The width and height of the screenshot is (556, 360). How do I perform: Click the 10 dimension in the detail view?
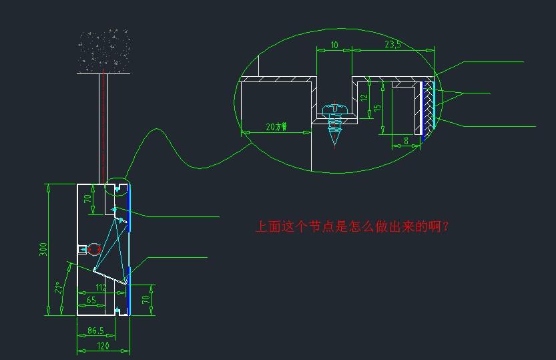(x=334, y=45)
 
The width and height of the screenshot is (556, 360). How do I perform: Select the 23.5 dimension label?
(x=393, y=45)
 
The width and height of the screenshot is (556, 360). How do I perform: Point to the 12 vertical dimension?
(x=364, y=98)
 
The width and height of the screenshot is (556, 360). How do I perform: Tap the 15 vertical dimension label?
(x=377, y=107)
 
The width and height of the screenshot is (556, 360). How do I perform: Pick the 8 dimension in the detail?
(x=406, y=140)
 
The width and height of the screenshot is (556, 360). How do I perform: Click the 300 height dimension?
(x=43, y=249)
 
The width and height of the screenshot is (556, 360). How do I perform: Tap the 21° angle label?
(x=59, y=288)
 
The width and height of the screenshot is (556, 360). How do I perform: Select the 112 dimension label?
(x=101, y=288)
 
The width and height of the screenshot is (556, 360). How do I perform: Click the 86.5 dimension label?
(x=95, y=331)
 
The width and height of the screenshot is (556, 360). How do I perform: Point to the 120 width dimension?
(x=102, y=345)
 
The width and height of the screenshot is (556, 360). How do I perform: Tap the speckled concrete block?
(x=103, y=51)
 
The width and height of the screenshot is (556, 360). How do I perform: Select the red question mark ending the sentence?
(x=446, y=227)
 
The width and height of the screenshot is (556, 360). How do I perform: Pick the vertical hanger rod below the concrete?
(x=103, y=127)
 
